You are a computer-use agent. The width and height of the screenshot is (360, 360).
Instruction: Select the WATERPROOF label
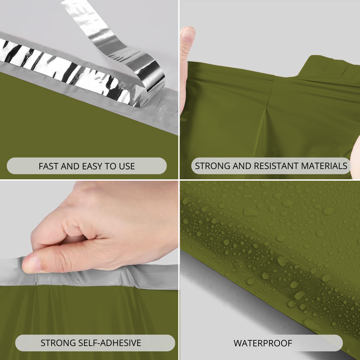pos(263,343)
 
